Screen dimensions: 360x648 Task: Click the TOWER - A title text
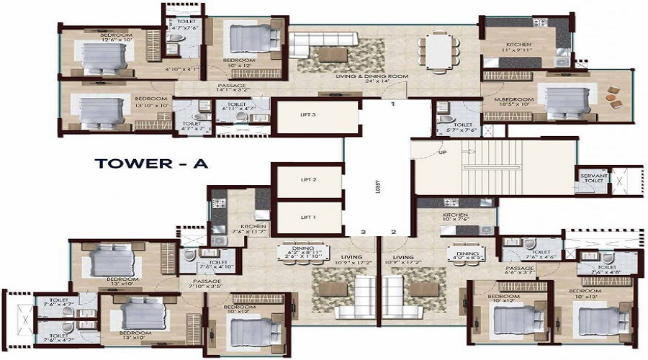coord(151,163)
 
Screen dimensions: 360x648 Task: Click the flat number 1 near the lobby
coord(393,105)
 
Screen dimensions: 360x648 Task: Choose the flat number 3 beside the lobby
coord(364,232)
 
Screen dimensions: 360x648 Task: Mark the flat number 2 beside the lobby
coord(393,232)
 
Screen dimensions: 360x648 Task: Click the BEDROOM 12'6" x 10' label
coord(116,38)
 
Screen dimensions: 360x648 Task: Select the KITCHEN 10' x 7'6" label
coord(456,218)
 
